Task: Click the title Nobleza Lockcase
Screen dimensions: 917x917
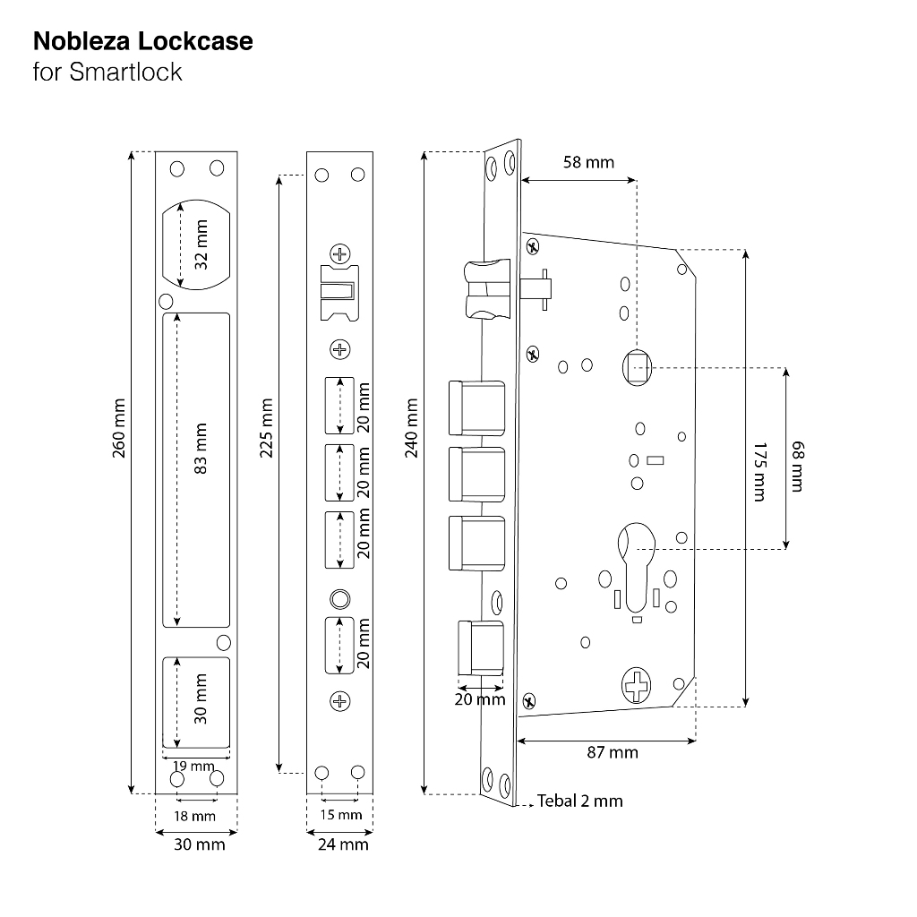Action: click(142, 41)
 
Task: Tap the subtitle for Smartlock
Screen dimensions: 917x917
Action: click(107, 72)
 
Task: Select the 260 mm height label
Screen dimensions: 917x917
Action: click(119, 428)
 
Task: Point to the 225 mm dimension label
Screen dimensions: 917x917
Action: click(266, 428)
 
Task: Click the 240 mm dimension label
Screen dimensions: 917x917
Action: click(412, 428)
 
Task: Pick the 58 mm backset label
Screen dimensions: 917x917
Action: click(588, 162)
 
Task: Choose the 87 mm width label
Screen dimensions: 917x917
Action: click(613, 752)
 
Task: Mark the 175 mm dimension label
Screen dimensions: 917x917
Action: click(759, 471)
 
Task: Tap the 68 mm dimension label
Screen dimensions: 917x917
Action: click(798, 466)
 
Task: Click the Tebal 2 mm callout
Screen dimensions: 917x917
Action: click(579, 801)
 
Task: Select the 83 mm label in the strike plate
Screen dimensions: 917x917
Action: click(201, 449)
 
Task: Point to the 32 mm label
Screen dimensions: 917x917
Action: click(201, 244)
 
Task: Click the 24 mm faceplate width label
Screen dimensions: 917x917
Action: click(343, 844)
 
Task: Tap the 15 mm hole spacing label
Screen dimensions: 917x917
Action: click(341, 814)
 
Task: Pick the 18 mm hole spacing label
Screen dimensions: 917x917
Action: click(194, 816)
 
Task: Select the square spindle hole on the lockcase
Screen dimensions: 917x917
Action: click(637, 367)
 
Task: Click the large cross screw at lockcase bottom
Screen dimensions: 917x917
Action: click(636, 685)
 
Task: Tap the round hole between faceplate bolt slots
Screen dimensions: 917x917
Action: click(339, 599)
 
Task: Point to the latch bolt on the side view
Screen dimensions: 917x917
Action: click(487, 289)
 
